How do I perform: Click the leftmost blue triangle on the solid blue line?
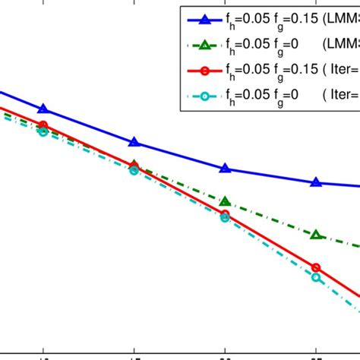coord(43,109)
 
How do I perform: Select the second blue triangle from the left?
coord(134,142)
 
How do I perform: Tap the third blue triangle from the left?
coord(226,168)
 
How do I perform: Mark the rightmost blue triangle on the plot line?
coord(317,182)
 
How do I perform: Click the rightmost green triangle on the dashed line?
coord(317,235)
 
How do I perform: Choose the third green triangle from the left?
coord(226,201)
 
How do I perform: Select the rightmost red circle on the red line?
coord(317,268)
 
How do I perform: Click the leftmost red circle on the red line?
coord(43,125)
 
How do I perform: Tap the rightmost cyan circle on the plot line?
coord(317,278)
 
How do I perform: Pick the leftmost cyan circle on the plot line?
coord(43,132)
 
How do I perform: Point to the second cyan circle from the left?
coord(134,171)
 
